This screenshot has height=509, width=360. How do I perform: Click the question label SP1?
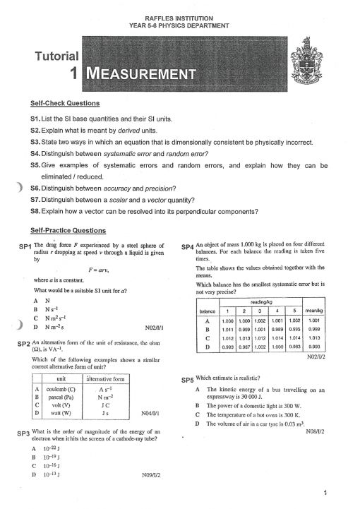(24, 247)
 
